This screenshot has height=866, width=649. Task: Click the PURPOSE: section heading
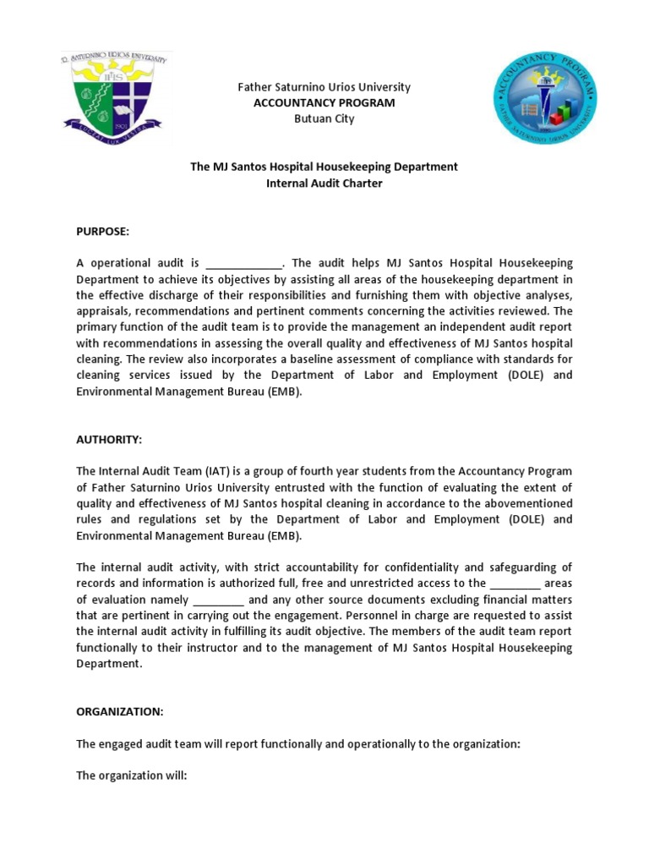coord(102,232)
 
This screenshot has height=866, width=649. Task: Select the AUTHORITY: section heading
coord(109,440)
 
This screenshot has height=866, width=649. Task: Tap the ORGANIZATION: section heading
coord(119,711)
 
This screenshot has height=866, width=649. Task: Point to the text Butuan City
coord(324,118)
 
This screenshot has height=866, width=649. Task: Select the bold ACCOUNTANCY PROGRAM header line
coord(324,102)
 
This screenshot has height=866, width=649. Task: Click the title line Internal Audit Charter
coord(324,183)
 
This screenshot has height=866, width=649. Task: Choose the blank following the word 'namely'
coord(219,600)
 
